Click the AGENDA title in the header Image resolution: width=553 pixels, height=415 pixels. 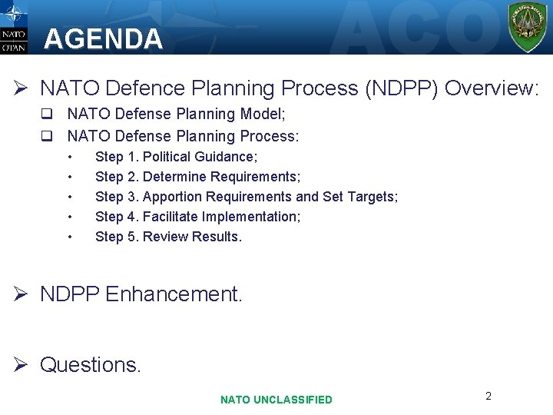coord(103,39)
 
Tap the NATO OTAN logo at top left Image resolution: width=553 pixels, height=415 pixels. coord(14,28)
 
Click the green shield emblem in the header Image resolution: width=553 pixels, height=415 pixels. coord(528,27)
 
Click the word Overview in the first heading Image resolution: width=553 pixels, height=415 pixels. coord(491,88)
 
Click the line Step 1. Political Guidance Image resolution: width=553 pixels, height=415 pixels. coord(176,157)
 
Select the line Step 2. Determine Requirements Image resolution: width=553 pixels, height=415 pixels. coord(197,177)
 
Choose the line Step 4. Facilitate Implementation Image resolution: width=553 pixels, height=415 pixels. coord(197,217)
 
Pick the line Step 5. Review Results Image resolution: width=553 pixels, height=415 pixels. coord(168,237)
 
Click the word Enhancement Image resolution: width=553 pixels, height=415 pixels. coord(174,294)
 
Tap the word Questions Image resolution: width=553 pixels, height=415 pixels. coord(90,364)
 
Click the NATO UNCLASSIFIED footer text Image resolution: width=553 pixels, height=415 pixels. coord(276,400)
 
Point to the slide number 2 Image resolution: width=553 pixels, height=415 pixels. coord(488,396)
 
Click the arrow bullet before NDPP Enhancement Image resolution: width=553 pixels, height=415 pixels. coord(22,294)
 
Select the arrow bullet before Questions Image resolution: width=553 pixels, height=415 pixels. coord(22,365)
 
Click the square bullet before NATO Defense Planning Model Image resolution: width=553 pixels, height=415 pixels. coord(47,115)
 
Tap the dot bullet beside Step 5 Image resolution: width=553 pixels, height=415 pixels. coord(71,237)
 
